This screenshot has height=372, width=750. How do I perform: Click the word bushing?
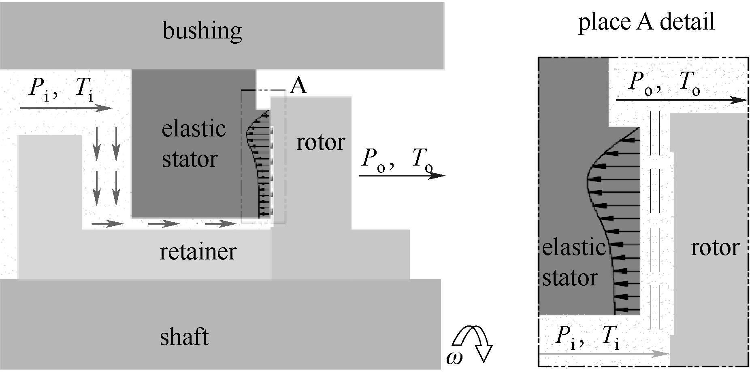point(202,31)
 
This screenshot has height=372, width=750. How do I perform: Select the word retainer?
point(198,251)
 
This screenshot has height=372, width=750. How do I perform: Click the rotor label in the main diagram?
point(320,142)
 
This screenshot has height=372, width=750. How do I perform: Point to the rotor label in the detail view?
point(715,247)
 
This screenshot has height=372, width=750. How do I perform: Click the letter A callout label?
point(298,86)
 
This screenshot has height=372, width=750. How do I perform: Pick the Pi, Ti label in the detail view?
point(588,337)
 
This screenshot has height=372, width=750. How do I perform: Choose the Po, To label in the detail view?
point(665,83)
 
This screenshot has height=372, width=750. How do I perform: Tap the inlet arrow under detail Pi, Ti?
point(603,354)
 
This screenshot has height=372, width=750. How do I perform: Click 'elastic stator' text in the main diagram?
point(193,144)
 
